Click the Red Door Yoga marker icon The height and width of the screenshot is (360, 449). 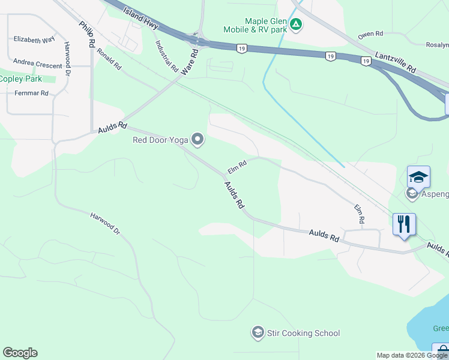(197, 140)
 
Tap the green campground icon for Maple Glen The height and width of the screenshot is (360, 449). (295, 25)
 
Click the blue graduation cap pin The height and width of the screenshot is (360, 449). (418, 177)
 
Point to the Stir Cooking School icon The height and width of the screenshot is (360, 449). (258, 333)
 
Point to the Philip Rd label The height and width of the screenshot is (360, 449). (87, 35)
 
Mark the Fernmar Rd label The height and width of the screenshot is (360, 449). (31, 93)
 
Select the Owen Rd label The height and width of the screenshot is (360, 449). (370, 34)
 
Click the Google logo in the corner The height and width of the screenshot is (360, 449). (20, 353)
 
